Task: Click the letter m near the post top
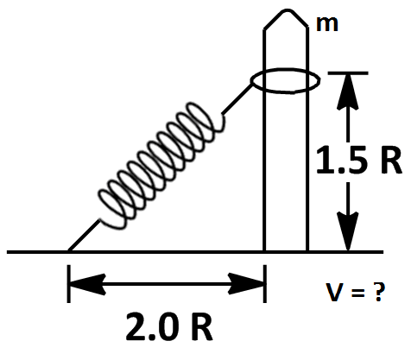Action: coord(327,24)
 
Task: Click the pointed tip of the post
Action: coord(287,10)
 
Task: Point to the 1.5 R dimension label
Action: coord(358,160)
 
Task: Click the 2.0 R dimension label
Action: coord(169,326)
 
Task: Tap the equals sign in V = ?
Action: coord(357,293)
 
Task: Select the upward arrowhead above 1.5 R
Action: coord(348,92)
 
